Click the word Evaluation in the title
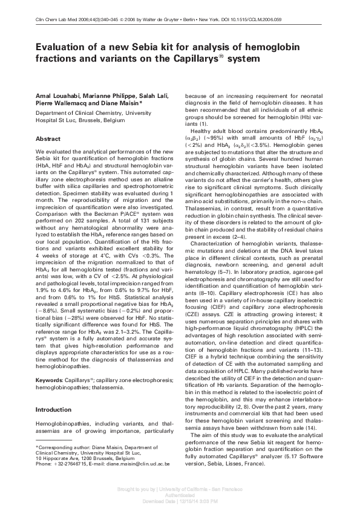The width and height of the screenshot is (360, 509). pos(60,48)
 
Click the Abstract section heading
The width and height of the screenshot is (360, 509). pos(48,138)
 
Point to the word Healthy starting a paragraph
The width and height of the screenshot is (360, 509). pos(203,131)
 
